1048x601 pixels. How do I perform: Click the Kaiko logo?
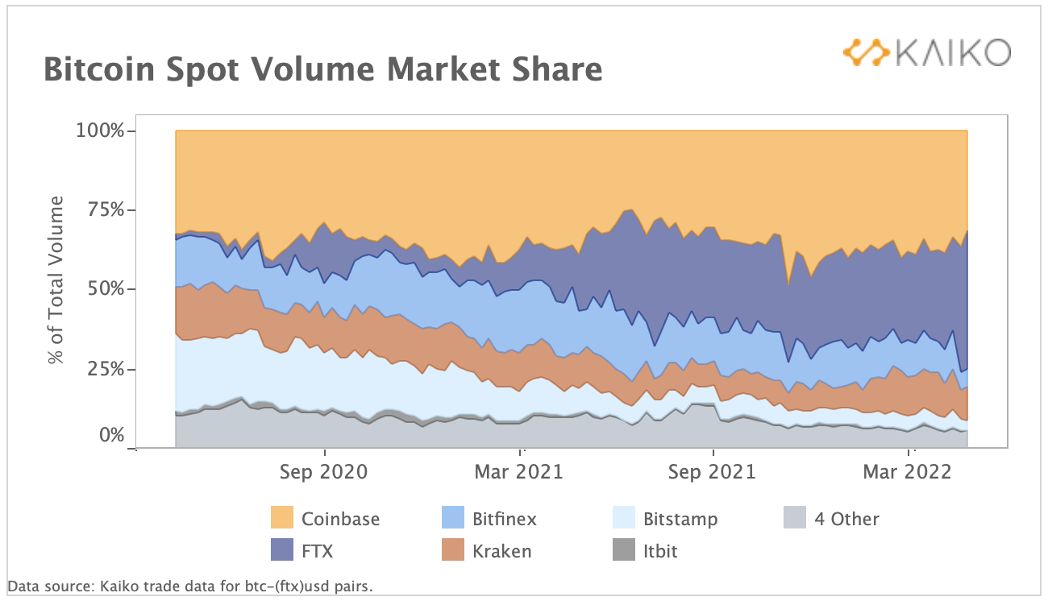(x=926, y=52)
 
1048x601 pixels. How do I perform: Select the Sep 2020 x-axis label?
(x=323, y=472)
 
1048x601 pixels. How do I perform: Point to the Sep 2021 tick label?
(x=713, y=472)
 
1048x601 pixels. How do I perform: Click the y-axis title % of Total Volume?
(x=56, y=280)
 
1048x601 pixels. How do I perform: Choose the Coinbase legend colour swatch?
(x=282, y=518)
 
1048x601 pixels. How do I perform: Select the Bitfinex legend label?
(x=505, y=518)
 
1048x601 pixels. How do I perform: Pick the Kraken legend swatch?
(x=454, y=551)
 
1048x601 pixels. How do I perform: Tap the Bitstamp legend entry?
(x=680, y=518)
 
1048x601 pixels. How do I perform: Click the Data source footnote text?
(x=190, y=586)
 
